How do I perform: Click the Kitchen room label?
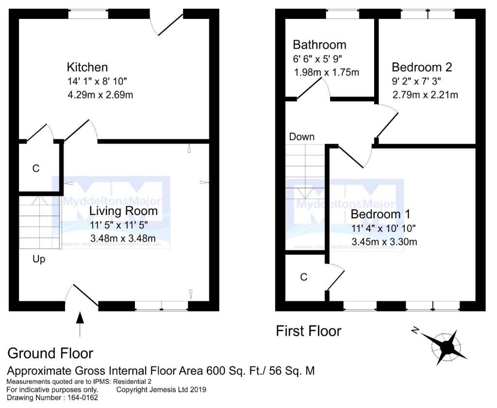tap(87, 67)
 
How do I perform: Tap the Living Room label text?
tap(123, 211)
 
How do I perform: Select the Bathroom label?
tap(319, 45)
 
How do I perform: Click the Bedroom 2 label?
tap(422, 67)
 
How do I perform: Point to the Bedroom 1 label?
tap(381, 214)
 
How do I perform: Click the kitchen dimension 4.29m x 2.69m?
tap(100, 94)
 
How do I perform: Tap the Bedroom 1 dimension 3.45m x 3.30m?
tap(384, 242)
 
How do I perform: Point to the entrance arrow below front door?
tap(80, 324)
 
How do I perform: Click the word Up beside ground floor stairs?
tap(39, 259)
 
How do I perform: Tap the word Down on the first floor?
tap(301, 137)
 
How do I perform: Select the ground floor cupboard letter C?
tap(35, 169)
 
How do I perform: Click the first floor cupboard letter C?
tap(304, 277)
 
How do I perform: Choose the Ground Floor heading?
tap(50, 353)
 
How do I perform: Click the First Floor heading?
tap(308, 331)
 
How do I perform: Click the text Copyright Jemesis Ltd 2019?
tap(162, 390)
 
